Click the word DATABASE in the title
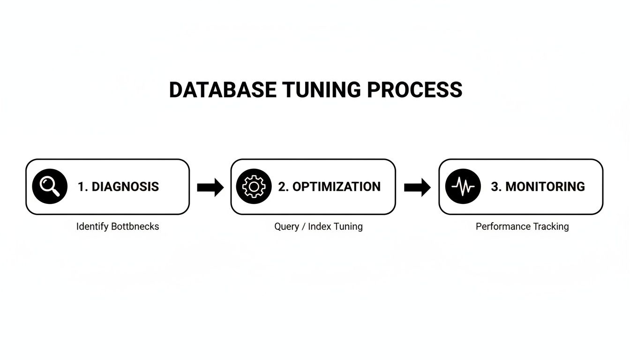click(x=223, y=90)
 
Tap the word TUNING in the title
click(x=322, y=90)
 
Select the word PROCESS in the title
click(x=414, y=90)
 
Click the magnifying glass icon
click(x=50, y=187)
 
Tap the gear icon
click(x=254, y=187)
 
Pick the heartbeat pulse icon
click(x=463, y=187)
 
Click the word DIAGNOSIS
click(x=125, y=187)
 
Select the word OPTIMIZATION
click(x=337, y=187)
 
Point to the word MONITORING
click(x=545, y=187)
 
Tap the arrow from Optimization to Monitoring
click(x=417, y=187)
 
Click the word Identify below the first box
click(x=92, y=226)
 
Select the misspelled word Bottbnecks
click(x=135, y=226)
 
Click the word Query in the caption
click(x=286, y=226)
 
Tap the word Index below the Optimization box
click(x=320, y=226)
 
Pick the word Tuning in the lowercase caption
click(x=348, y=226)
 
